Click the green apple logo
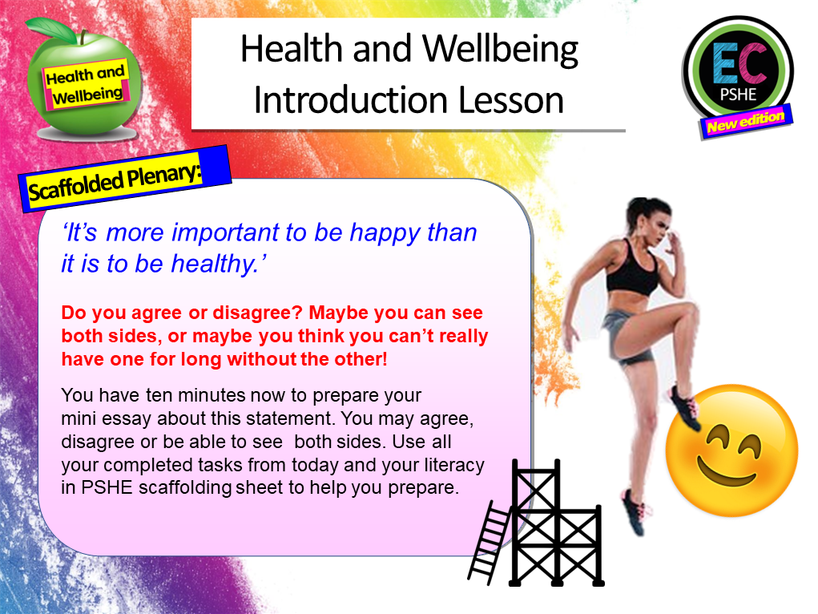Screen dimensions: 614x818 pyautogui.click(x=85, y=81)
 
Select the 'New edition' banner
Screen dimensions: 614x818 pyautogui.click(x=746, y=120)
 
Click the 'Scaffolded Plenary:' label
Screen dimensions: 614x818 pyautogui.click(x=125, y=180)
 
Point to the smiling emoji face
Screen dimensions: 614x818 pyautogui.click(x=731, y=448)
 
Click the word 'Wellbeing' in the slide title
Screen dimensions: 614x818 pyautogui.click(x=501, y=50)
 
